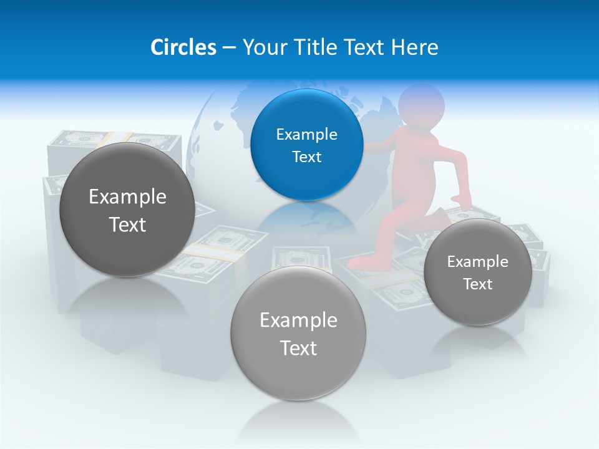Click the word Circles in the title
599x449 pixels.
point(183,47)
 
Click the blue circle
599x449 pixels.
point(306,145)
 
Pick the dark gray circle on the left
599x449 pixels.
point(127,209)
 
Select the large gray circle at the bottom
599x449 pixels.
point(298,333)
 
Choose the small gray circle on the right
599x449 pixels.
point(477,272)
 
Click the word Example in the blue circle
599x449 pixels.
point(306,134)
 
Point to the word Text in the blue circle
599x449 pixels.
point(306,157)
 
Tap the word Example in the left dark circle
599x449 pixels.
point(127,196)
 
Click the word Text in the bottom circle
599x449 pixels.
point(298,348)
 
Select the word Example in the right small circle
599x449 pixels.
point(477,261)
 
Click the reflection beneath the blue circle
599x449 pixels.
point(306,218)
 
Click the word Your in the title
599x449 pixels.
point(261,47)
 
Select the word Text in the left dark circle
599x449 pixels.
point(127,224)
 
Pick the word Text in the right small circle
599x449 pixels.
point(477,284)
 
